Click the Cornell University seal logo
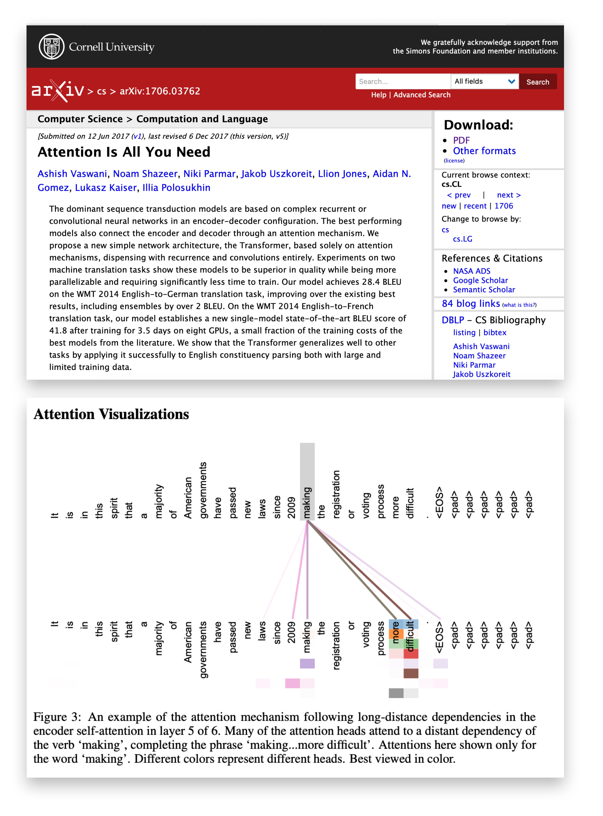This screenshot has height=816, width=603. [51, 47]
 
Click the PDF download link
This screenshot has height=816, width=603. [461, 141]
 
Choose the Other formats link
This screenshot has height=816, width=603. [484, 151]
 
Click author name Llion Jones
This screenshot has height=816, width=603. [342, 174]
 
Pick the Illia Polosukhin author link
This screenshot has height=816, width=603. [176, 188]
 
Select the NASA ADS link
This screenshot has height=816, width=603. [472, 271]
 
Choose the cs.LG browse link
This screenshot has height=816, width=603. [462, 239]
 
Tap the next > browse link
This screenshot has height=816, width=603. [509, 195]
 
